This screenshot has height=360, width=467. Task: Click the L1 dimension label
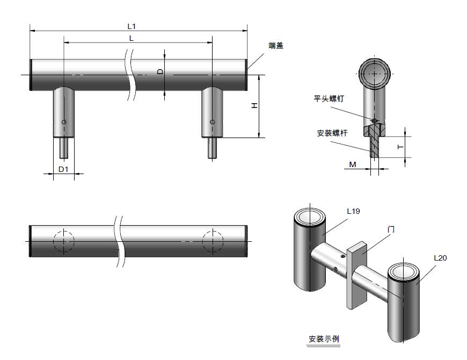click(x=132, y=25)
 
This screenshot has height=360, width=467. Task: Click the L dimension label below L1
click(x=132, y=38)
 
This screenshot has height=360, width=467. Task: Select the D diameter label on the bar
click(x=159, y=71)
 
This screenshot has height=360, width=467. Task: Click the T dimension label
click(x=400, y=147)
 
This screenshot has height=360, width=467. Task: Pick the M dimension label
click(x=353, y=164)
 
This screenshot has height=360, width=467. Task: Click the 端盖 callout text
click(x=276, y=46)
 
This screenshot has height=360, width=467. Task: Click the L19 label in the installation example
click(x=353, y=211)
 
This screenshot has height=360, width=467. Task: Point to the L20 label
click(x=440, y=258)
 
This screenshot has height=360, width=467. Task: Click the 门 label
click(x=391, y=229)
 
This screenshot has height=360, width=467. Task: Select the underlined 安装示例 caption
click(x=324, y=339)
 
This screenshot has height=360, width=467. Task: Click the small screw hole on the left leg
click(x=64, y=123)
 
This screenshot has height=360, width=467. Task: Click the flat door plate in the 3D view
click(x=356, y=277)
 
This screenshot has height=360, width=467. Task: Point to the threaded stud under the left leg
click(x=64, y=147)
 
